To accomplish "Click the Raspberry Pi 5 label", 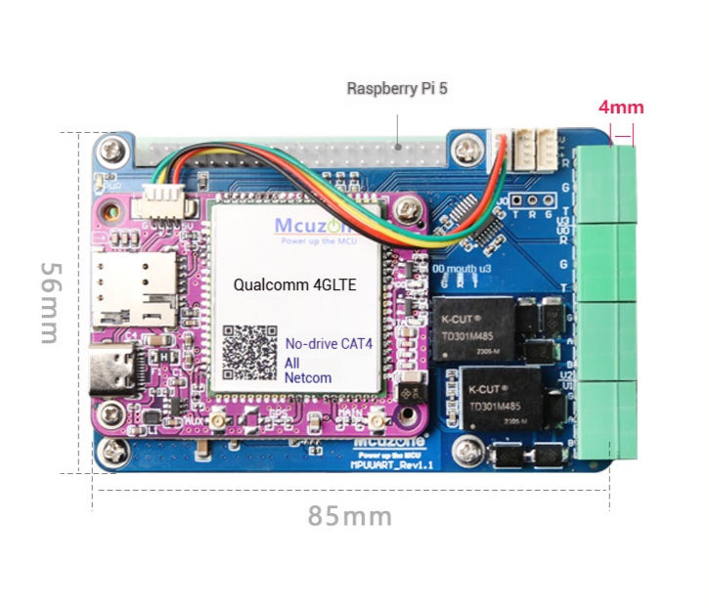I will click(x=397, y=89).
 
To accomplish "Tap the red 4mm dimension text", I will click(x=620, y=107).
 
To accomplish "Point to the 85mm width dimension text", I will click(x=350, y=515).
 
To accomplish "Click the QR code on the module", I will click(x=248, y=353).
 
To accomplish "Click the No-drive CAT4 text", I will click(x=326, y=344).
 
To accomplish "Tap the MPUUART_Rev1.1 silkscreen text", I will click(x=391, y=466).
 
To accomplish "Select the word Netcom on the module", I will click(x=308, y=377).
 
